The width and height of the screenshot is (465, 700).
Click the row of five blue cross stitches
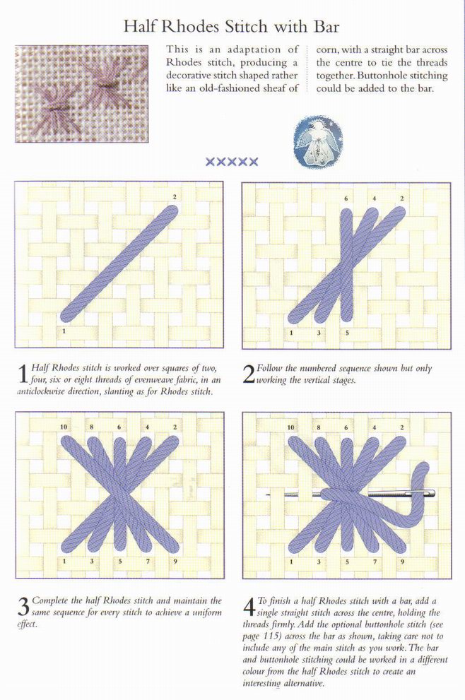231,162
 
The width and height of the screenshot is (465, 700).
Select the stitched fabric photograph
82,94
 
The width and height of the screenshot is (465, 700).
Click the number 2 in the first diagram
175,197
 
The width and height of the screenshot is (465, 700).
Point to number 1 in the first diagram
65,331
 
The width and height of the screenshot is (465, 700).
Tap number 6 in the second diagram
346,198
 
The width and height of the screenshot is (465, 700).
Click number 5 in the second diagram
347,333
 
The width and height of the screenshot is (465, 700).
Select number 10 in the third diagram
64,427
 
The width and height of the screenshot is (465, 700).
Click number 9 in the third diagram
175,561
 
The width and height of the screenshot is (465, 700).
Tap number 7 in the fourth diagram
375,562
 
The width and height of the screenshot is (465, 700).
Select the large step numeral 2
249,374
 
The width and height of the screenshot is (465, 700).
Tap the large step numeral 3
23,606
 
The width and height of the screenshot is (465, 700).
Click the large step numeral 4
249,607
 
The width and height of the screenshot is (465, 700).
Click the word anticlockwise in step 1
40,392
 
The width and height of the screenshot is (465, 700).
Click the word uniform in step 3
207,612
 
